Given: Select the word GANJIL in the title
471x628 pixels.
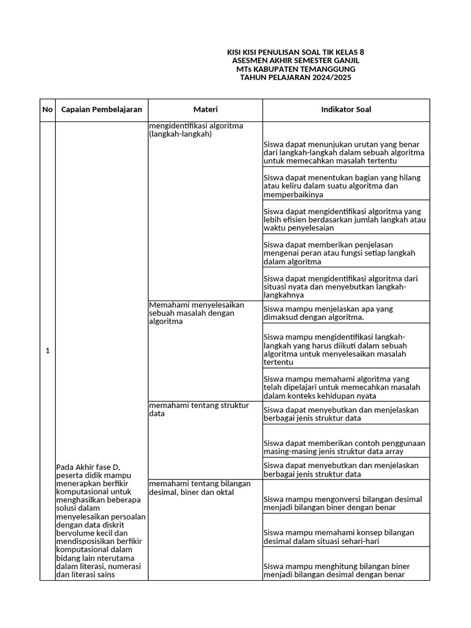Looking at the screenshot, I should [345, 61].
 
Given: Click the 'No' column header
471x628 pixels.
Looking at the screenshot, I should [47, 110].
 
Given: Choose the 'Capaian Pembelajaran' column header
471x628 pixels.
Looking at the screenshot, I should [101, 110].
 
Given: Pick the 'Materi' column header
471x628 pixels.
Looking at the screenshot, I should [205, 110].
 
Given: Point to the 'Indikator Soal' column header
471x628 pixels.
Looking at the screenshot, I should [346, 110].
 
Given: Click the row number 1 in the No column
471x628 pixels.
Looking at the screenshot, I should [47, 351].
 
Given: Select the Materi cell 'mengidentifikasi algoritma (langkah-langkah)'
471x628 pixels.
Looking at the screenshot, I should [196, 130].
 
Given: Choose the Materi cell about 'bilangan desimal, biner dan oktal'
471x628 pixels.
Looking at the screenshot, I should [199, 488].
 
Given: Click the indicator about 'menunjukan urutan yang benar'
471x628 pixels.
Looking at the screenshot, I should [344, 152].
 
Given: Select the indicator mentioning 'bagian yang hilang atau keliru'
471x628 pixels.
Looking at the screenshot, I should [344, 186].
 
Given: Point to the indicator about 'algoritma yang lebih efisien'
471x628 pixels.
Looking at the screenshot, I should [344, 219].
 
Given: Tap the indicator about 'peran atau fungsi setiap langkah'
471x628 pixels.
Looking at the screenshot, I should [339, 253].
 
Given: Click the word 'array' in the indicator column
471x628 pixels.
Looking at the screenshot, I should [393, 451].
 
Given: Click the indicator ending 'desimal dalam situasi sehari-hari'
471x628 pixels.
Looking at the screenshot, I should [339, 537].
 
